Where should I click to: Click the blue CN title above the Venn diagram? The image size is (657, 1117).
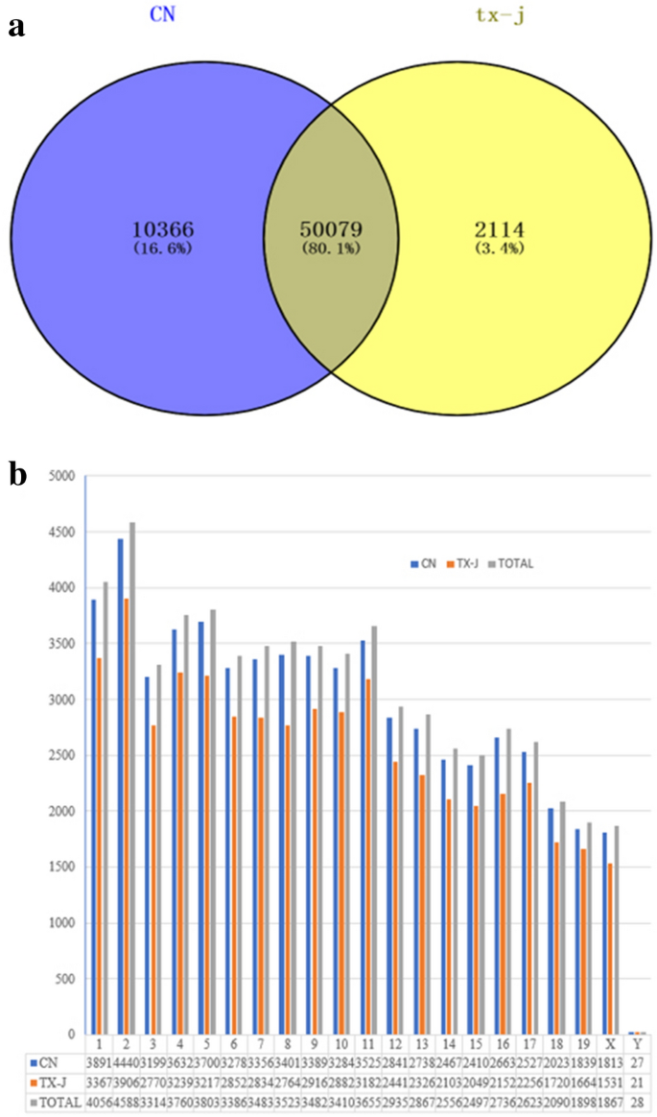pos(164,15)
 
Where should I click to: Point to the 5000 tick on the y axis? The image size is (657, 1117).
pos(59,476)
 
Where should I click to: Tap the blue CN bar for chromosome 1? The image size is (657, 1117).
pos(94,816)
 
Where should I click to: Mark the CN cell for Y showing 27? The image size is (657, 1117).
pos(637,1062)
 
